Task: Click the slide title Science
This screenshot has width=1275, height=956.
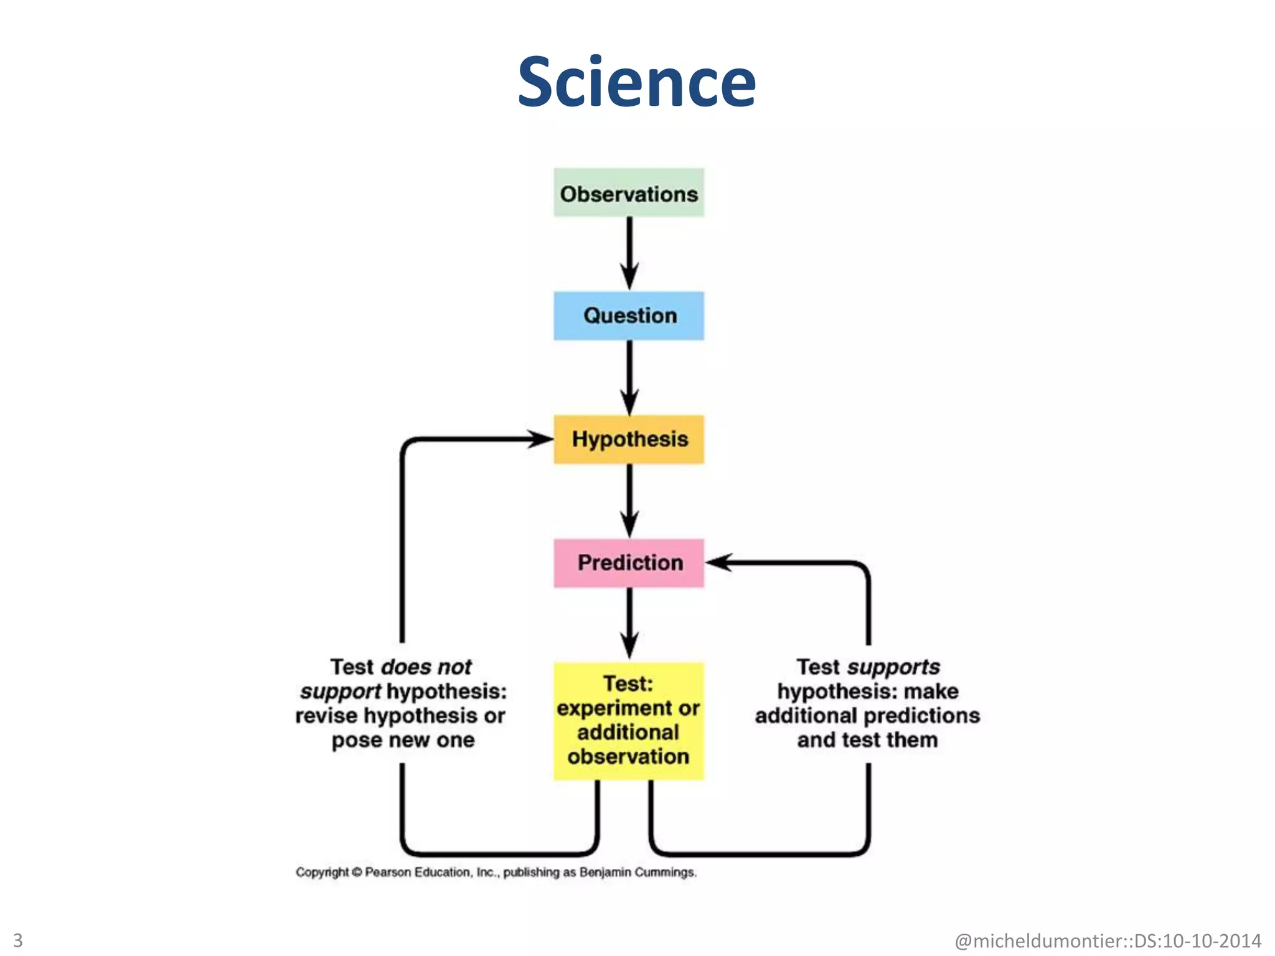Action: click(x=636, y=82)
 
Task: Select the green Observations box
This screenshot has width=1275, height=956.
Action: click(x=629, y=193)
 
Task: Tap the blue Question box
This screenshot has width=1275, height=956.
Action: click(x=629, y=316)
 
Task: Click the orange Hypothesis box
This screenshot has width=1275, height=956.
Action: click(x=629, y=439)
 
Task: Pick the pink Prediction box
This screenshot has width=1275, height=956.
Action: click(x=629, y=563)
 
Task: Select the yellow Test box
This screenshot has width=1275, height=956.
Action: click(x=629, y=721)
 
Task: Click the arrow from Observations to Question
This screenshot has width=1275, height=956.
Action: click(x=629, y=252)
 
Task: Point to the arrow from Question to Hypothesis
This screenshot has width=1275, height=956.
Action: click(x=629, y=377)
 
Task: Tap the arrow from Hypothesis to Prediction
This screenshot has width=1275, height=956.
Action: click(x=629, y=500)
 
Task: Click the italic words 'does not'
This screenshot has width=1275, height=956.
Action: click(x=426, y=667)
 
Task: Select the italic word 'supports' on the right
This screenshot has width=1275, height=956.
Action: click(x=893, y=667)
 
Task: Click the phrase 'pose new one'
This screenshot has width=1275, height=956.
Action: click(x=403, y=740)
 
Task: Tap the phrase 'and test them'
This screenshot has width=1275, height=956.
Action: click(x=867, y=740)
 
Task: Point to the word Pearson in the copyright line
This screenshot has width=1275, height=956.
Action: click(x=388, y=872)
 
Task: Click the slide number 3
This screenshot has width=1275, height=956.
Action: click(x=17, y=940)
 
